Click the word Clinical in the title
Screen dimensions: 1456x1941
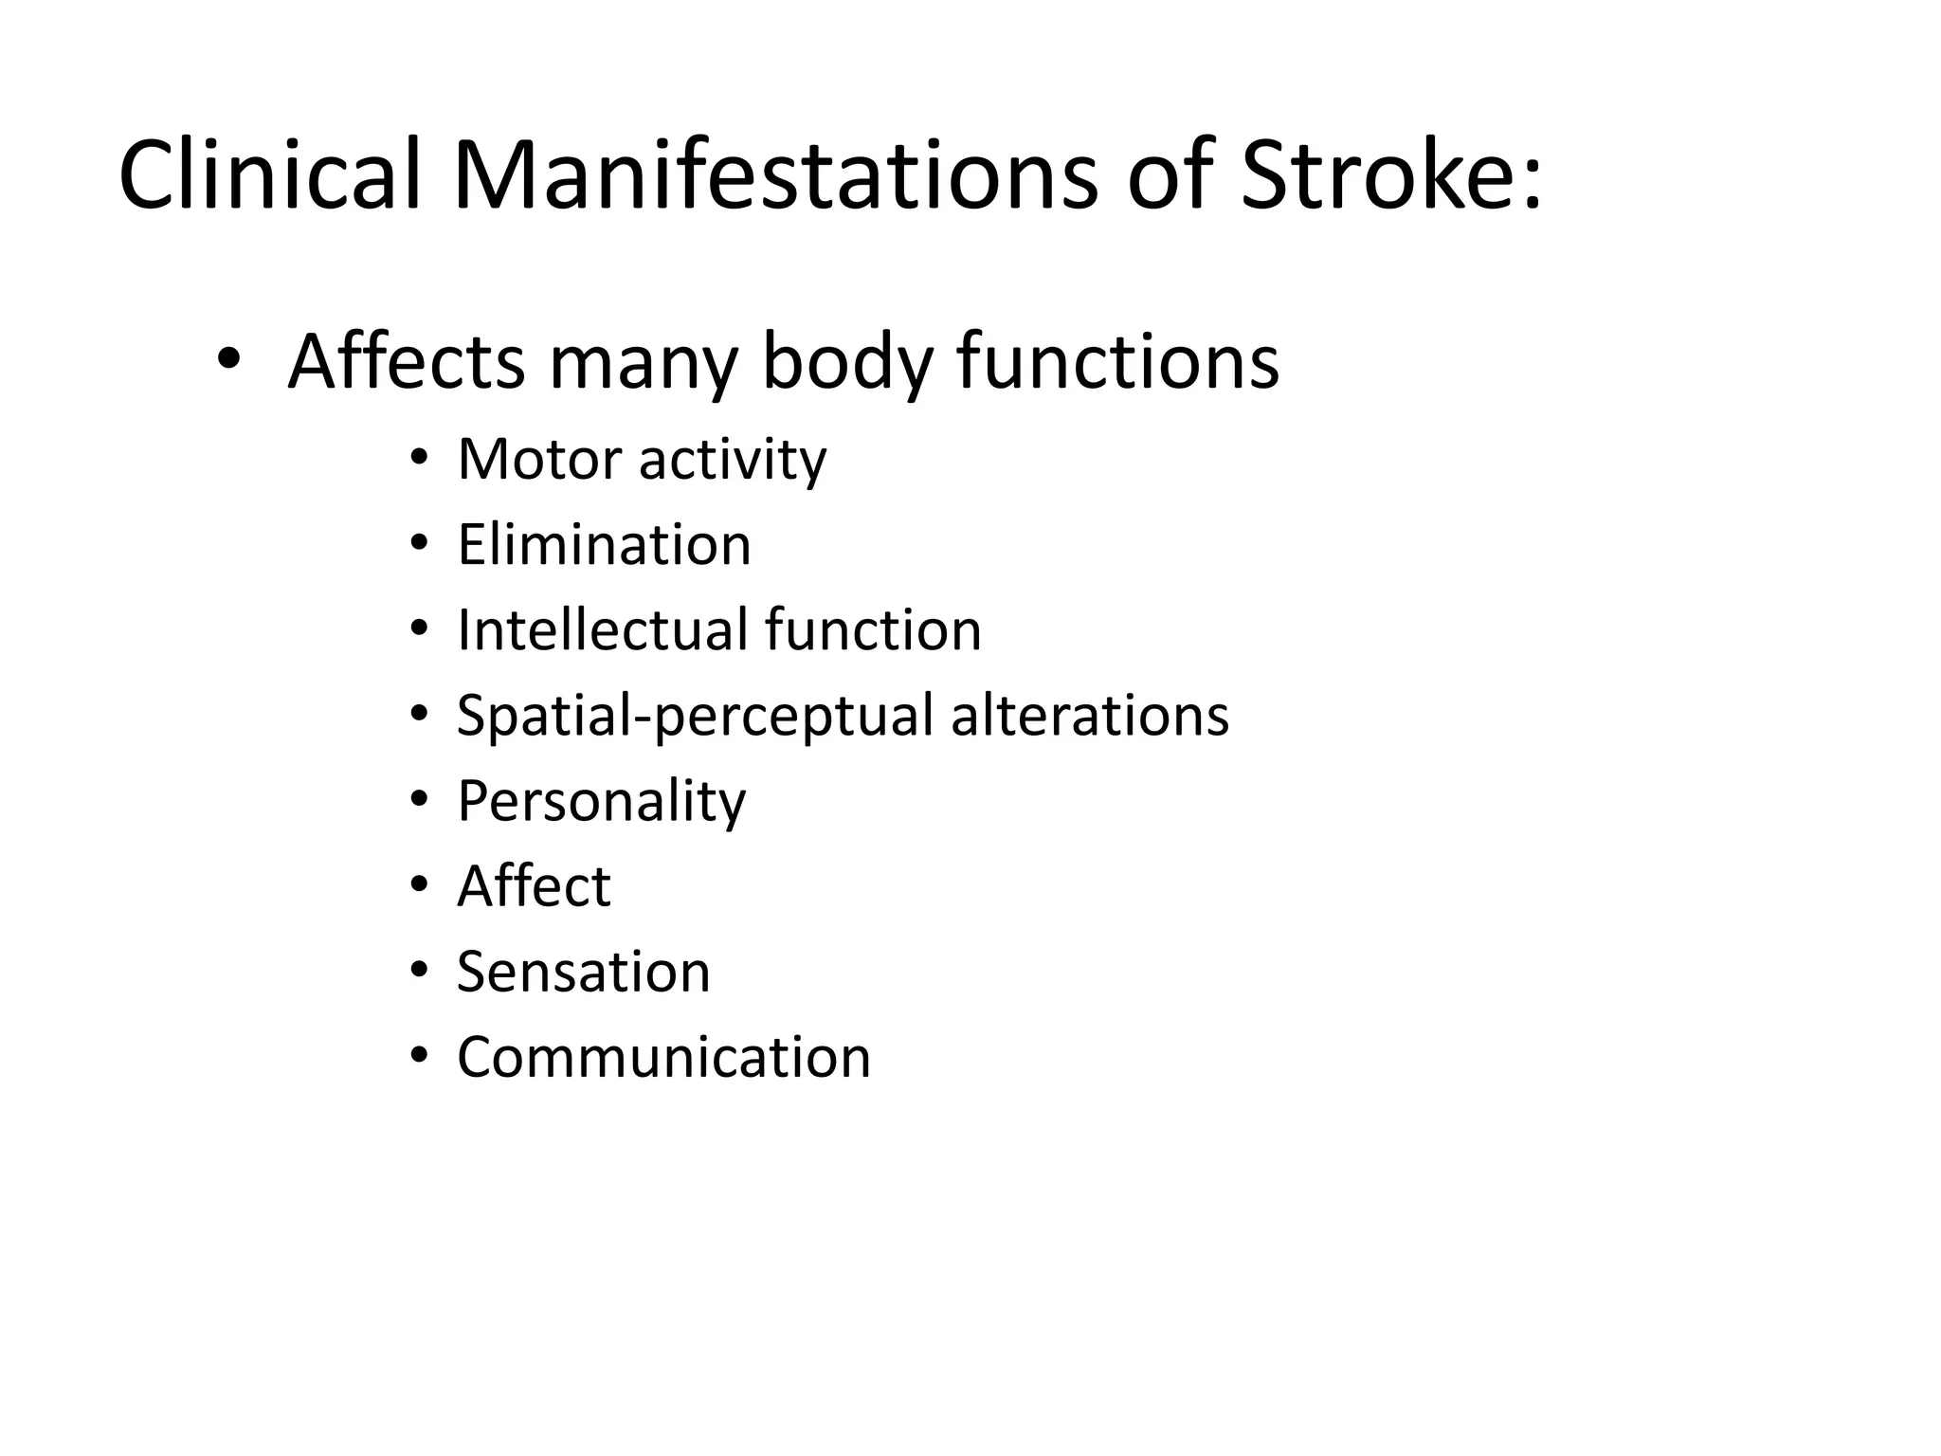pos(269,175)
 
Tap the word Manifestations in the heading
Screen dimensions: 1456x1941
pos(775,175)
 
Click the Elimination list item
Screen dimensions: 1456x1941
pos(604,545)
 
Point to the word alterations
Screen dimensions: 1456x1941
pos(1090,716)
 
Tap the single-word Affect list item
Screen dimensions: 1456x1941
pos(534,886)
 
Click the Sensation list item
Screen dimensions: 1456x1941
pos(583,973)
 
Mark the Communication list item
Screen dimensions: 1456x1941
pos(663,1058)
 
